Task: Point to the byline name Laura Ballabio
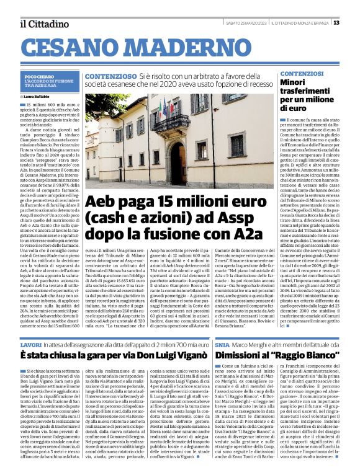(x=37, y=97)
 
